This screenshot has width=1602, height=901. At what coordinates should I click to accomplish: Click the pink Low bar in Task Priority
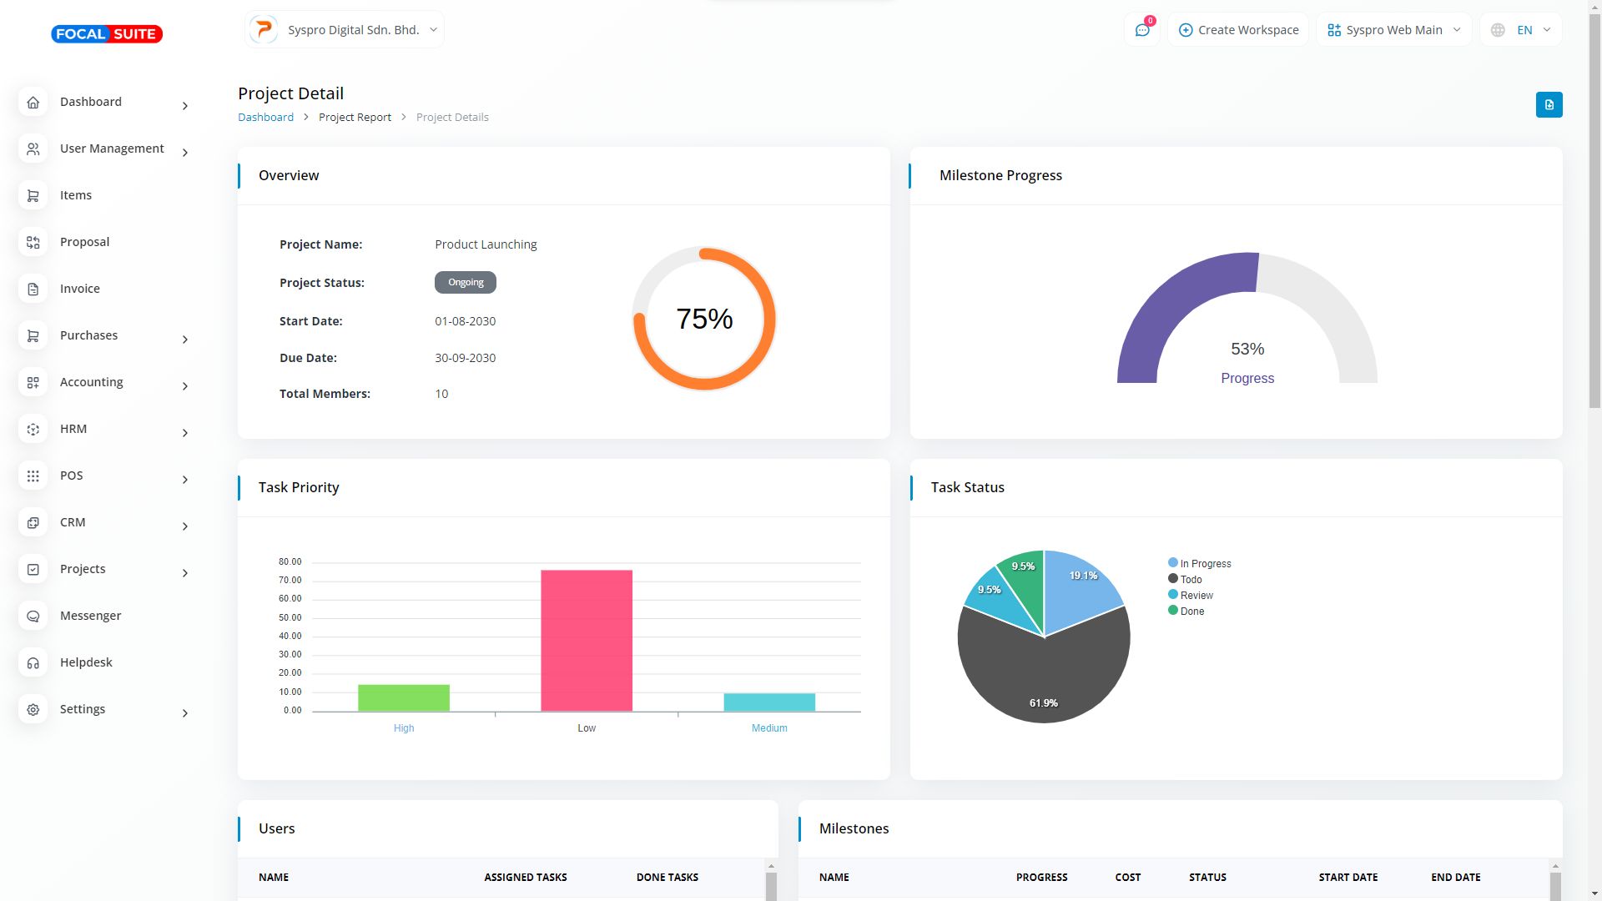[x=586, y=640]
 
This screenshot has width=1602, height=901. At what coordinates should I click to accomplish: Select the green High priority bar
[x=404, y=697]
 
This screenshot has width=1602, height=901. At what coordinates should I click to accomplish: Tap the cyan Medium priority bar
[x=769, y=702]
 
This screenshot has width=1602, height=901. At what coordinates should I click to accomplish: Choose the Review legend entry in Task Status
[x=1196, y=596]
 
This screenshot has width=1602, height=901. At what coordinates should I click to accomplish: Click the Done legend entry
[x=1191, y=612]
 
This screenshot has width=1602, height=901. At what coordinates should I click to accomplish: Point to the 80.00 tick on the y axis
[x=290, y=562]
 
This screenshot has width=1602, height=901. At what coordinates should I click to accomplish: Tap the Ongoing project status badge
[x=466, y=283]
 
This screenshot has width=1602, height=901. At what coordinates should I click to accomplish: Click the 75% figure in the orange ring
[x=704, y=319]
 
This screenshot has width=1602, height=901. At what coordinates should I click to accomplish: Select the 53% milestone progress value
[x=1247, y=349]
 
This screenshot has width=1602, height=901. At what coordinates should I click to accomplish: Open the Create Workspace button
[x=1238, y=30]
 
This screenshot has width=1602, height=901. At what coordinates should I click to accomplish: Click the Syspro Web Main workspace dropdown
[x=1393, y=30]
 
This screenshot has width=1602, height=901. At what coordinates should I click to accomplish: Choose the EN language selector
[x=1522, y=30]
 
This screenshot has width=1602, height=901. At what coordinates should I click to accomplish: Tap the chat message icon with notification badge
[x=1142, y=30]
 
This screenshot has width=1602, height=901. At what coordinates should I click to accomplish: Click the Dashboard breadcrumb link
[x=265, y=118]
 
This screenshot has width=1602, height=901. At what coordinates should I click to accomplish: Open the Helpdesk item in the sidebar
[x=86, y=662]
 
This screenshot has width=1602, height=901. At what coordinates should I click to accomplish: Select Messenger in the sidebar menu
[x=90, y=616]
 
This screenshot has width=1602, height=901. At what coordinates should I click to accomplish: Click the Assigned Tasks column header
[x=526, y=878]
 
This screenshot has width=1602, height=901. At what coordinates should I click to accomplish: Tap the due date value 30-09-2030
[x=465, y=358]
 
